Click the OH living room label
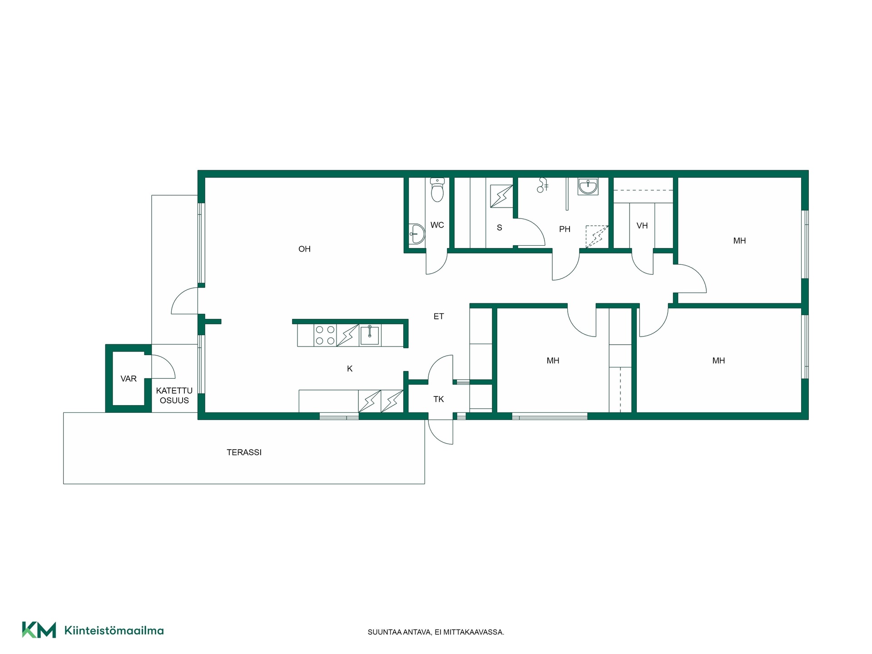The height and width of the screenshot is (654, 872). point(304,249)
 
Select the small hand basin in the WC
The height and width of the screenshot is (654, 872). point(416,234)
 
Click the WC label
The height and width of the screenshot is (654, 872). point(437,225)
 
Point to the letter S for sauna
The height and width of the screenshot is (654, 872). point(499,228)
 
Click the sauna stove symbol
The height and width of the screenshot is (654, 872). point(501,196)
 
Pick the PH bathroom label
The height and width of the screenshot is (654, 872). point(565,229)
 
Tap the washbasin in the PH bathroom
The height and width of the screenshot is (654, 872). point(588,186)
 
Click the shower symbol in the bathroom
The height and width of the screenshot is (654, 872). point(542,185)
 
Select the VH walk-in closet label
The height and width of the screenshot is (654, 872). point(642,226)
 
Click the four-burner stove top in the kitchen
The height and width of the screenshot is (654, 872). point(325,335)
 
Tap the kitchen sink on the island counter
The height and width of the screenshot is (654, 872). point(370,335)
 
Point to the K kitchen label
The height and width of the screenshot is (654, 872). point(350,369)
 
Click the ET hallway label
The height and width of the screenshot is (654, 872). point(438,317)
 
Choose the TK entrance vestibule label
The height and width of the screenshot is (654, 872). point(438,399)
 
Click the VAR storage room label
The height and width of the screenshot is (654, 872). point(129,379)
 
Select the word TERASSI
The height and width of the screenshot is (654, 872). point(244,452)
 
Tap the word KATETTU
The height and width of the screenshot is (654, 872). point(174,391)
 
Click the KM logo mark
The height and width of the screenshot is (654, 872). point(39,630)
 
